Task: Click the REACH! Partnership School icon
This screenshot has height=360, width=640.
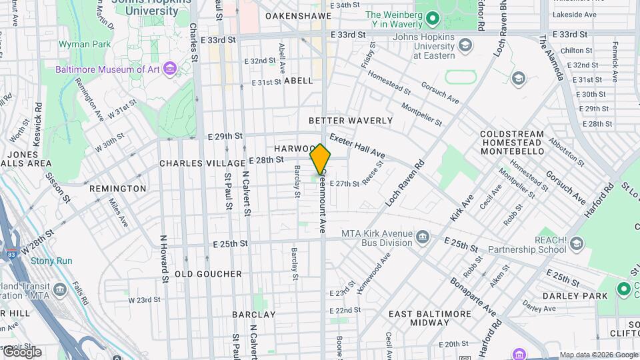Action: [x=577, y=245]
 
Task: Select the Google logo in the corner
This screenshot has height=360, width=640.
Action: [x=21, y=352]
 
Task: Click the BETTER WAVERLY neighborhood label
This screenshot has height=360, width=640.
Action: [x=351, y=121]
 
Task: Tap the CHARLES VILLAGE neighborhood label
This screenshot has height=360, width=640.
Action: [x=202, y=163]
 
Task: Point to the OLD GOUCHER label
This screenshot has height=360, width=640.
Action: [x=208, y=274]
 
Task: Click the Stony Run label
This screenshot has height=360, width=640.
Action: [x=51, y=261]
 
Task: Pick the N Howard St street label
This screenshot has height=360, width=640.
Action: [x=163, y=256]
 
